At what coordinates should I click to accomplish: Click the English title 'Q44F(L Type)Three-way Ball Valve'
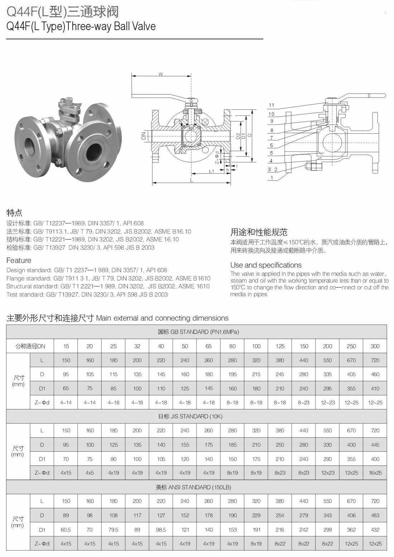pos(81,27)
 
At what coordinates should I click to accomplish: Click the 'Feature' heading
pos(19,260)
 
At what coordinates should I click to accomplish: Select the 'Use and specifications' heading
pos(266,265)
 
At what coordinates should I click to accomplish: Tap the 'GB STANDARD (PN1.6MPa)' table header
pos(198,332)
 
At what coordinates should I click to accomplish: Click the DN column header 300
pos(375,346)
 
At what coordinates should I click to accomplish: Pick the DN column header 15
pos(66,346)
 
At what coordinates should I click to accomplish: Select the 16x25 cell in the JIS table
pos(375,473)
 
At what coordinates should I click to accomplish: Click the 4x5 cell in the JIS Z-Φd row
pos(90,473)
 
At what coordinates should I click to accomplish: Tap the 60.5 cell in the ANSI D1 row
pos(66,529)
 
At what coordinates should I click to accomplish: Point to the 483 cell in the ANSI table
pos(375,515)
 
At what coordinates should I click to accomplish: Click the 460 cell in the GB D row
pos(375,374)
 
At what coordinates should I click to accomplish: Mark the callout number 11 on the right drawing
pos(271,105)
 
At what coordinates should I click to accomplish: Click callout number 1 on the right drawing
pos(272,178)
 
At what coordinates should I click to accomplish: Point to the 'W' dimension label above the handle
pos(161,74)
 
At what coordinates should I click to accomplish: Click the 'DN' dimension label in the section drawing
pos(144,136)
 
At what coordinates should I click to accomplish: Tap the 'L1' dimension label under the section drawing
pos(212,171)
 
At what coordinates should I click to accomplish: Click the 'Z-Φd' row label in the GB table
pos(42,403)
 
